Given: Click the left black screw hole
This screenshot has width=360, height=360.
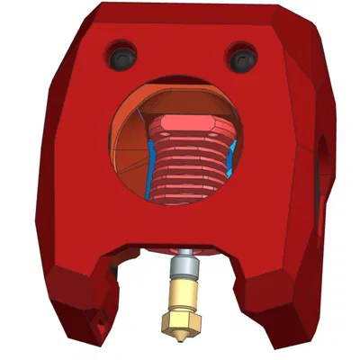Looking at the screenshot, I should [x=121, y=57].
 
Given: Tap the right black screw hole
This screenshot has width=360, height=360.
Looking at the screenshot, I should [x=240, y=58].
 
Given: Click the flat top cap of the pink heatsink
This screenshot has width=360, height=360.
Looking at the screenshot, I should [x=184, y=123].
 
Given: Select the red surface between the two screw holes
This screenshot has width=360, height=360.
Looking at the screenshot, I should [x=180, y=54].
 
